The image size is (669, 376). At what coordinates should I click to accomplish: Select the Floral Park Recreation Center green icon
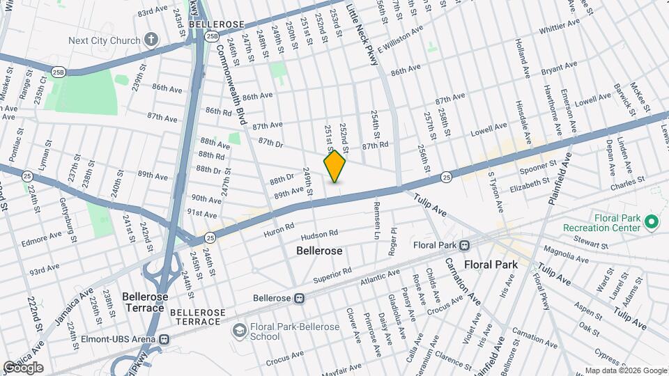[x=652, y=223]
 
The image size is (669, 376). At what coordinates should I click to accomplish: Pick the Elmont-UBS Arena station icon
[x=164, y=340]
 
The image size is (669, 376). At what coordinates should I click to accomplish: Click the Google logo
[x=22, y=368]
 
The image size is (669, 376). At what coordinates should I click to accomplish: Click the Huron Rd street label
[x=279, y=230]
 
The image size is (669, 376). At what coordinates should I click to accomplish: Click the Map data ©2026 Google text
[x=625, y=370]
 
